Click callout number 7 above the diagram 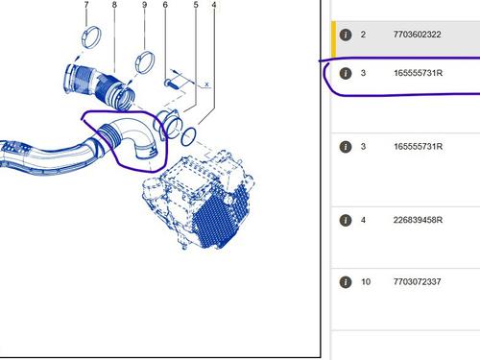(86, 5)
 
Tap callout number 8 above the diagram (114, 5)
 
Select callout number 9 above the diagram (144, 5)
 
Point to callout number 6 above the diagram (165, 5)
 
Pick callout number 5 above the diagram (196, 5)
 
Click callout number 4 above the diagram (214, 5)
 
